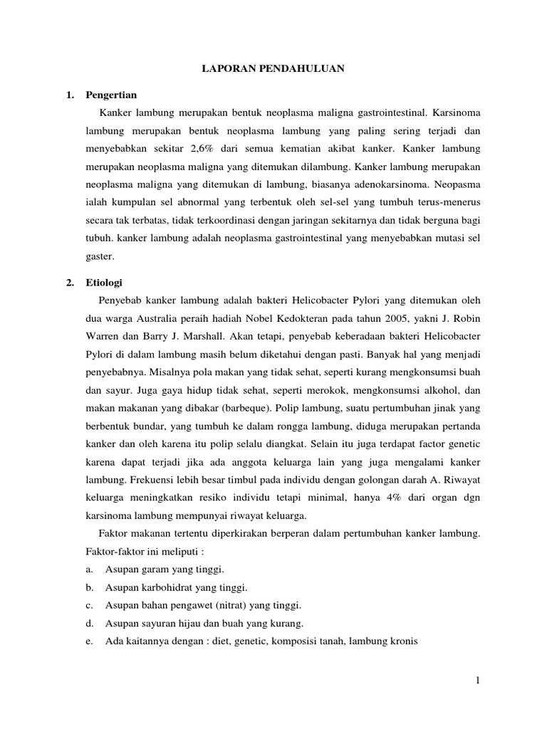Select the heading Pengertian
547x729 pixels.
coord(111,94)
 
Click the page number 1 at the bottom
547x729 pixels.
coord(479,681)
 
